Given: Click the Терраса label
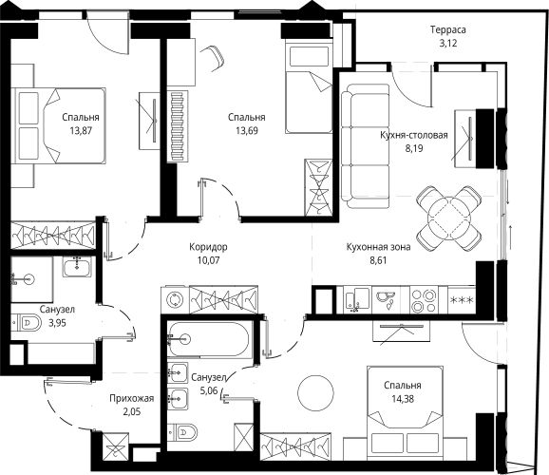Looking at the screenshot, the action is coord(448,29).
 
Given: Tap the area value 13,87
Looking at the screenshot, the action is coord(81,131).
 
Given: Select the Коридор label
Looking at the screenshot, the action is coord(208,247).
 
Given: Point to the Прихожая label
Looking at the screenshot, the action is coord(132,399).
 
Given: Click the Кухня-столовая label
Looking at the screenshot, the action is coord(414,135).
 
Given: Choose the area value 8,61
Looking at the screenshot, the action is coord(378,260).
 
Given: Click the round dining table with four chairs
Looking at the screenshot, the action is coord(449,218).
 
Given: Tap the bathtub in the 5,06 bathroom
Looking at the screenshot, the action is coord(209,339).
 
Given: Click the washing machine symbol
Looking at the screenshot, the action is coord(175,300).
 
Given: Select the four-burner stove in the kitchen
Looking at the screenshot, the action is coord(424,300).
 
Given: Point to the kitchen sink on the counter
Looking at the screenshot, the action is coord(357,300).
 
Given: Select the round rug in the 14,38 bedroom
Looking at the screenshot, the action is coord(315,393).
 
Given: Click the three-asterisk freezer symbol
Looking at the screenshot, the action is coord(462,300).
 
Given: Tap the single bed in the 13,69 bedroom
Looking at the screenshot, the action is coord(309,85).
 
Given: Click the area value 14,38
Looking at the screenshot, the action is coord(403,399).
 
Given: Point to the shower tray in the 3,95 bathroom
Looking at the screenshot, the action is coord(32,279).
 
